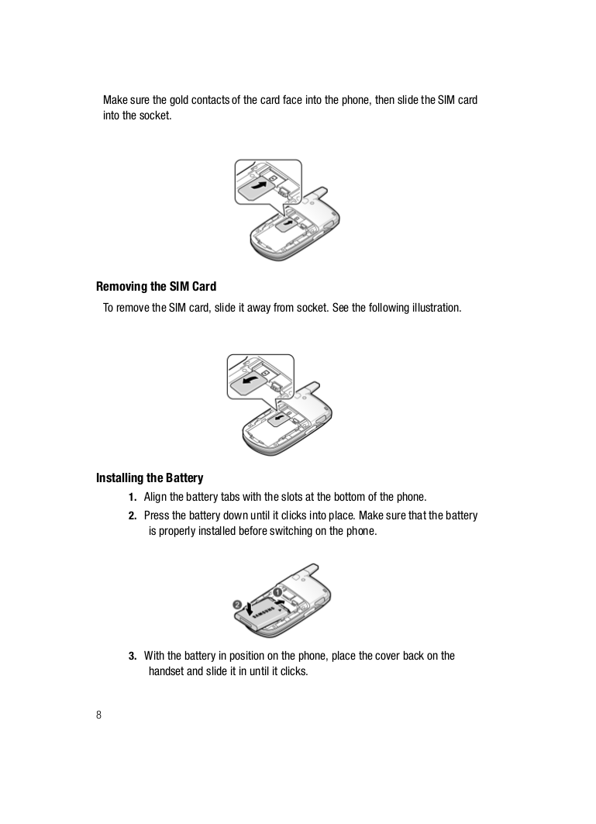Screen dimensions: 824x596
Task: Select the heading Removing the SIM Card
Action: click(x=156, y=287)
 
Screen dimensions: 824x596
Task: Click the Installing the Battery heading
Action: click(x=150, y=478)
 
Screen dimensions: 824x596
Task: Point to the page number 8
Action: click(x=98, y=715)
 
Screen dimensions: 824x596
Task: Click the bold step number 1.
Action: click(x=132, y=497)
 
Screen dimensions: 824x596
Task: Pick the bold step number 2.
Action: click(x=132, y=515)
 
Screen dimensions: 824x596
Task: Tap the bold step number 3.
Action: click(x=132, y=656)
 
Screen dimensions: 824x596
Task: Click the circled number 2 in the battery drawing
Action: click(x=237, y=604)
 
